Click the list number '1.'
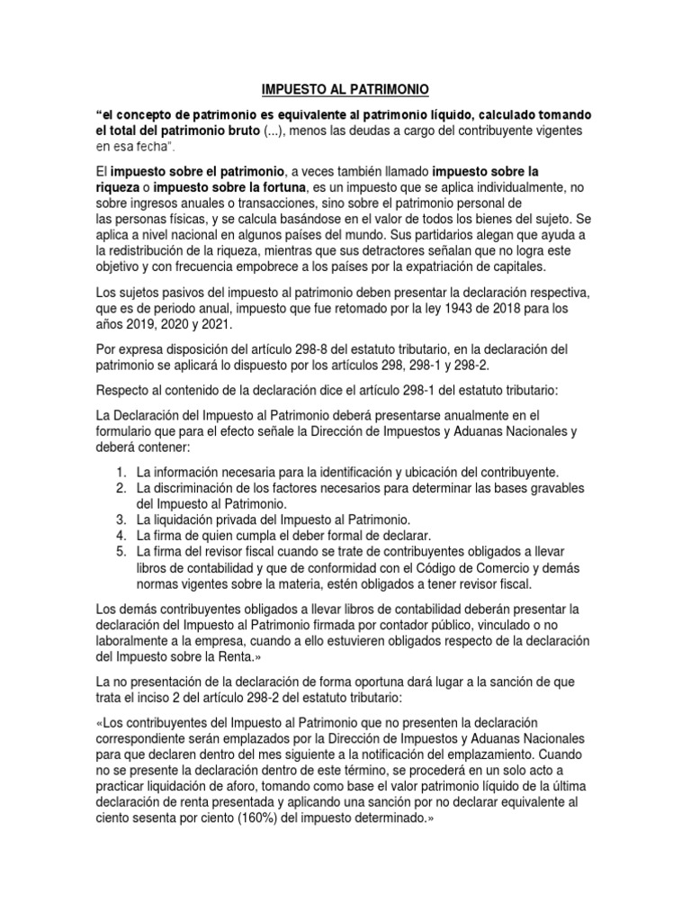pyautogui.click(x=121, y=472)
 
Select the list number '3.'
pyautogui.click(x=121, y=520)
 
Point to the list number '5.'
pyautogui.click(x=121, y=551)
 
